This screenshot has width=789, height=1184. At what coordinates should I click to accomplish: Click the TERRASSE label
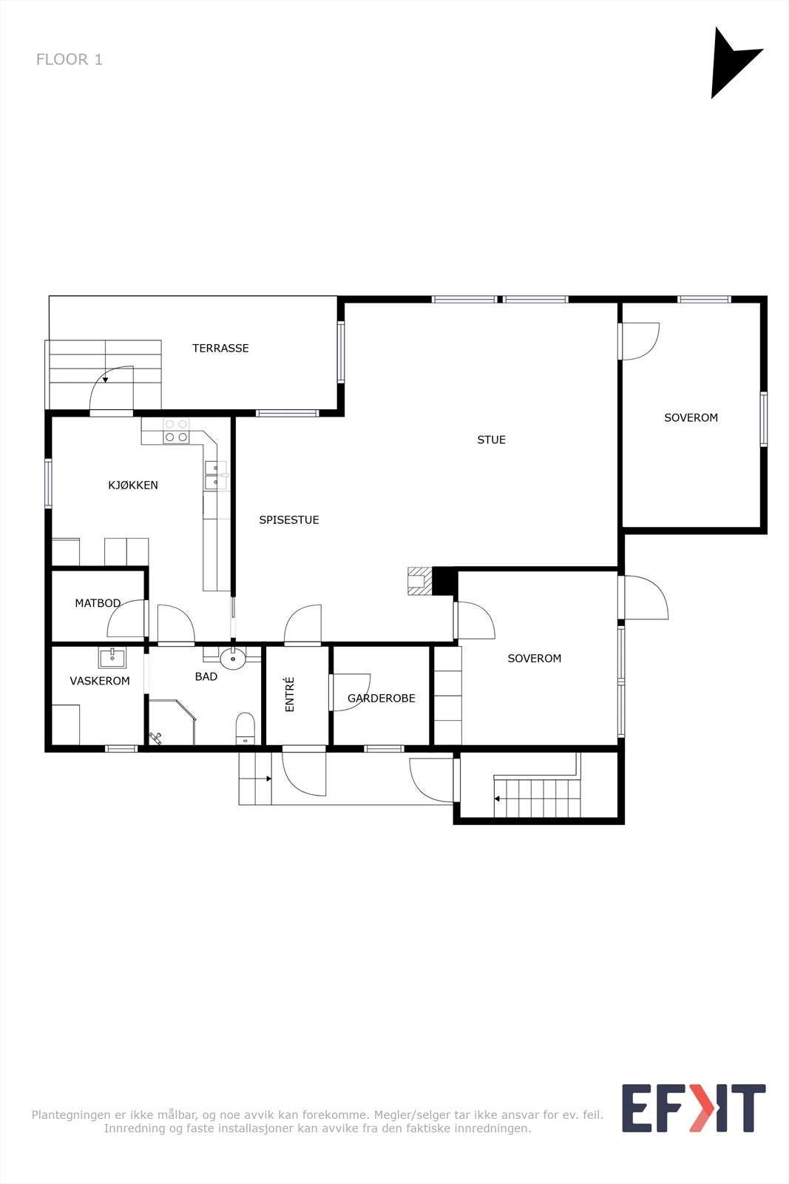point(220,349)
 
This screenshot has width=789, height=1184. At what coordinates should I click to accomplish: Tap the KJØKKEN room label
point(133,485)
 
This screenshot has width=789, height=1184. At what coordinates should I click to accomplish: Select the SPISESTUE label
point(289,520)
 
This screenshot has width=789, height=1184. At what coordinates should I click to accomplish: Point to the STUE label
point(491,440)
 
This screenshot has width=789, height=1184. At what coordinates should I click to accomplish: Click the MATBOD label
point(98,603)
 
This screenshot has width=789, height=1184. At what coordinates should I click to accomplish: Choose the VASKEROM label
point(100,681)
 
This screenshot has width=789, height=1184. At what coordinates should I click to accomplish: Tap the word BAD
point(206,676)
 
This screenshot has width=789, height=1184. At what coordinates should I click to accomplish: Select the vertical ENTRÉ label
point(289,695)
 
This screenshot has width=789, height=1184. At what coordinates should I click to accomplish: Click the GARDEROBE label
point(382,699)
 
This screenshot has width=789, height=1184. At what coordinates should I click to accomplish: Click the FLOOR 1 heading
point(70,59)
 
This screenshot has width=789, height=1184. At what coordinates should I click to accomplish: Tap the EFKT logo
point(694,1109)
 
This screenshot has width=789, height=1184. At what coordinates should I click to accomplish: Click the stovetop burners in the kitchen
point(176,431)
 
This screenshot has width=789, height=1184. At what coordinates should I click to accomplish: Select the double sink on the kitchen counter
point(216,475)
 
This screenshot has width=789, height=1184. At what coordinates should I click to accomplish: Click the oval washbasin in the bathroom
point(233,659)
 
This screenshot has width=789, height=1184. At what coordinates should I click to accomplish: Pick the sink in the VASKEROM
point(112,659)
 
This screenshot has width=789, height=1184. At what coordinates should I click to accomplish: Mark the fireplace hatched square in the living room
point(420,582)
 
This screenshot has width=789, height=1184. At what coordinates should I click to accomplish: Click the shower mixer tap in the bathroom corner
point(155,738)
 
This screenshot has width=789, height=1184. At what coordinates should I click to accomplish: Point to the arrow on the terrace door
point(106,379)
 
